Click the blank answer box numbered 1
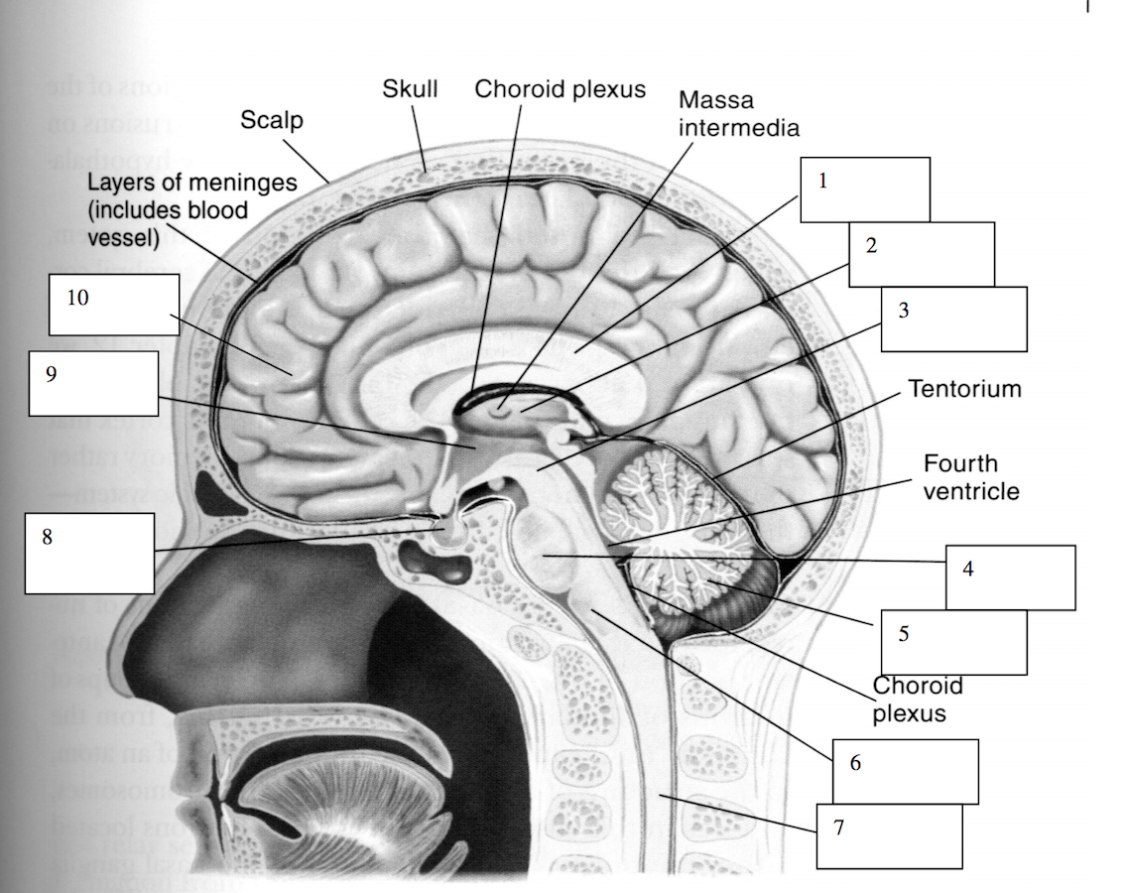(865, 190)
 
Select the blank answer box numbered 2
(921, 255)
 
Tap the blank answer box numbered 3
(953, 319)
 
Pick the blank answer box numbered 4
(1010, 577)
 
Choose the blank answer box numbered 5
(953, 642)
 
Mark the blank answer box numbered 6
(905, 771)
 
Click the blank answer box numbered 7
(889, 835)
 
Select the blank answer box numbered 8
(89, 553)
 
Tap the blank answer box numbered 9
(94, 383)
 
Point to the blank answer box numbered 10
(114, 305)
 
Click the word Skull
(410, 89)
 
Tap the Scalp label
(272, 121)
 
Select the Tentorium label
(964, 388)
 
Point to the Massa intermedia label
(738, 113)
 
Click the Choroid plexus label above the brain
(560, 89)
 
